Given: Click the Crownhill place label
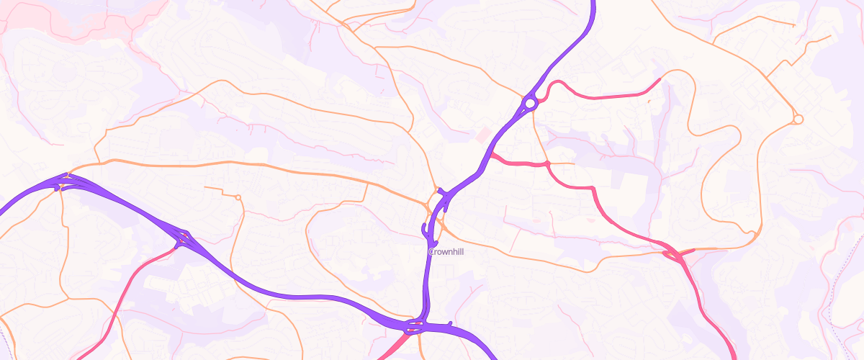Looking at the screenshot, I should point(446,251).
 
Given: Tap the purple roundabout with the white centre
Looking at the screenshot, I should point(530,104).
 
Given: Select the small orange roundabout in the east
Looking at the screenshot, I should point(798,119).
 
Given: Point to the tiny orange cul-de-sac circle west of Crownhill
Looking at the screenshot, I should point(238,197).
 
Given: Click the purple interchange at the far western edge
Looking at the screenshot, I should point(63,181).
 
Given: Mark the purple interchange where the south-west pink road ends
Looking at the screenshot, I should point(184,238).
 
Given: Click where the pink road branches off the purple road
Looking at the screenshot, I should point(492,155).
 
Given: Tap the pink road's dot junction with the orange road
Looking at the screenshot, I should point(548,164).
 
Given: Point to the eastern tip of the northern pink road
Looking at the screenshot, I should point(659,78).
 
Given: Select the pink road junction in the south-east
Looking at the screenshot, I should point(675,254).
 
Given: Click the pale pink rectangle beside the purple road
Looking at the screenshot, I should point(482,135).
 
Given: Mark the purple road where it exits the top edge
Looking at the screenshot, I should point(594,4).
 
